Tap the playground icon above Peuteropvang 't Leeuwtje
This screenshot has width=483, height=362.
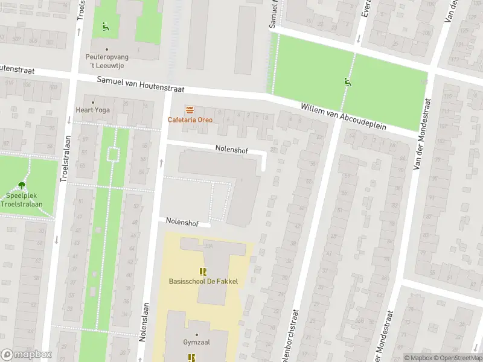click(106, 26)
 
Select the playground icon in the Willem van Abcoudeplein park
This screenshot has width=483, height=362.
click(347, 81)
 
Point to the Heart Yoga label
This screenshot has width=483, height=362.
click(93, 110)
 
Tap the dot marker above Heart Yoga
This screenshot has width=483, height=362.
click(93, 102)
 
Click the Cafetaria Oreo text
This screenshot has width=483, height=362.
click(190, 119)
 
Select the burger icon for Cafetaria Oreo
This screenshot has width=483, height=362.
click(190, 109)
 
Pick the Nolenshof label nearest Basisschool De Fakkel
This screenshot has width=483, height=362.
click(182, 223)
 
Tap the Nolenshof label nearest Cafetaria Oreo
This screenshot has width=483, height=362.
click(232, 148)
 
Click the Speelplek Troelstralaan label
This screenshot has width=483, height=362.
click(22, 200)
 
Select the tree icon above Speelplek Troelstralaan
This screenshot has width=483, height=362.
click(22, 185)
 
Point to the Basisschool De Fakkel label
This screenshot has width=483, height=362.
click(203, 281)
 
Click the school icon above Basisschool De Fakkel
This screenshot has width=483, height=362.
click(203, 271)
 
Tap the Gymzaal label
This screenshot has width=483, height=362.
click(196, 343)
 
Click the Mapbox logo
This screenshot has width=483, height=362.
click(27, 355)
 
